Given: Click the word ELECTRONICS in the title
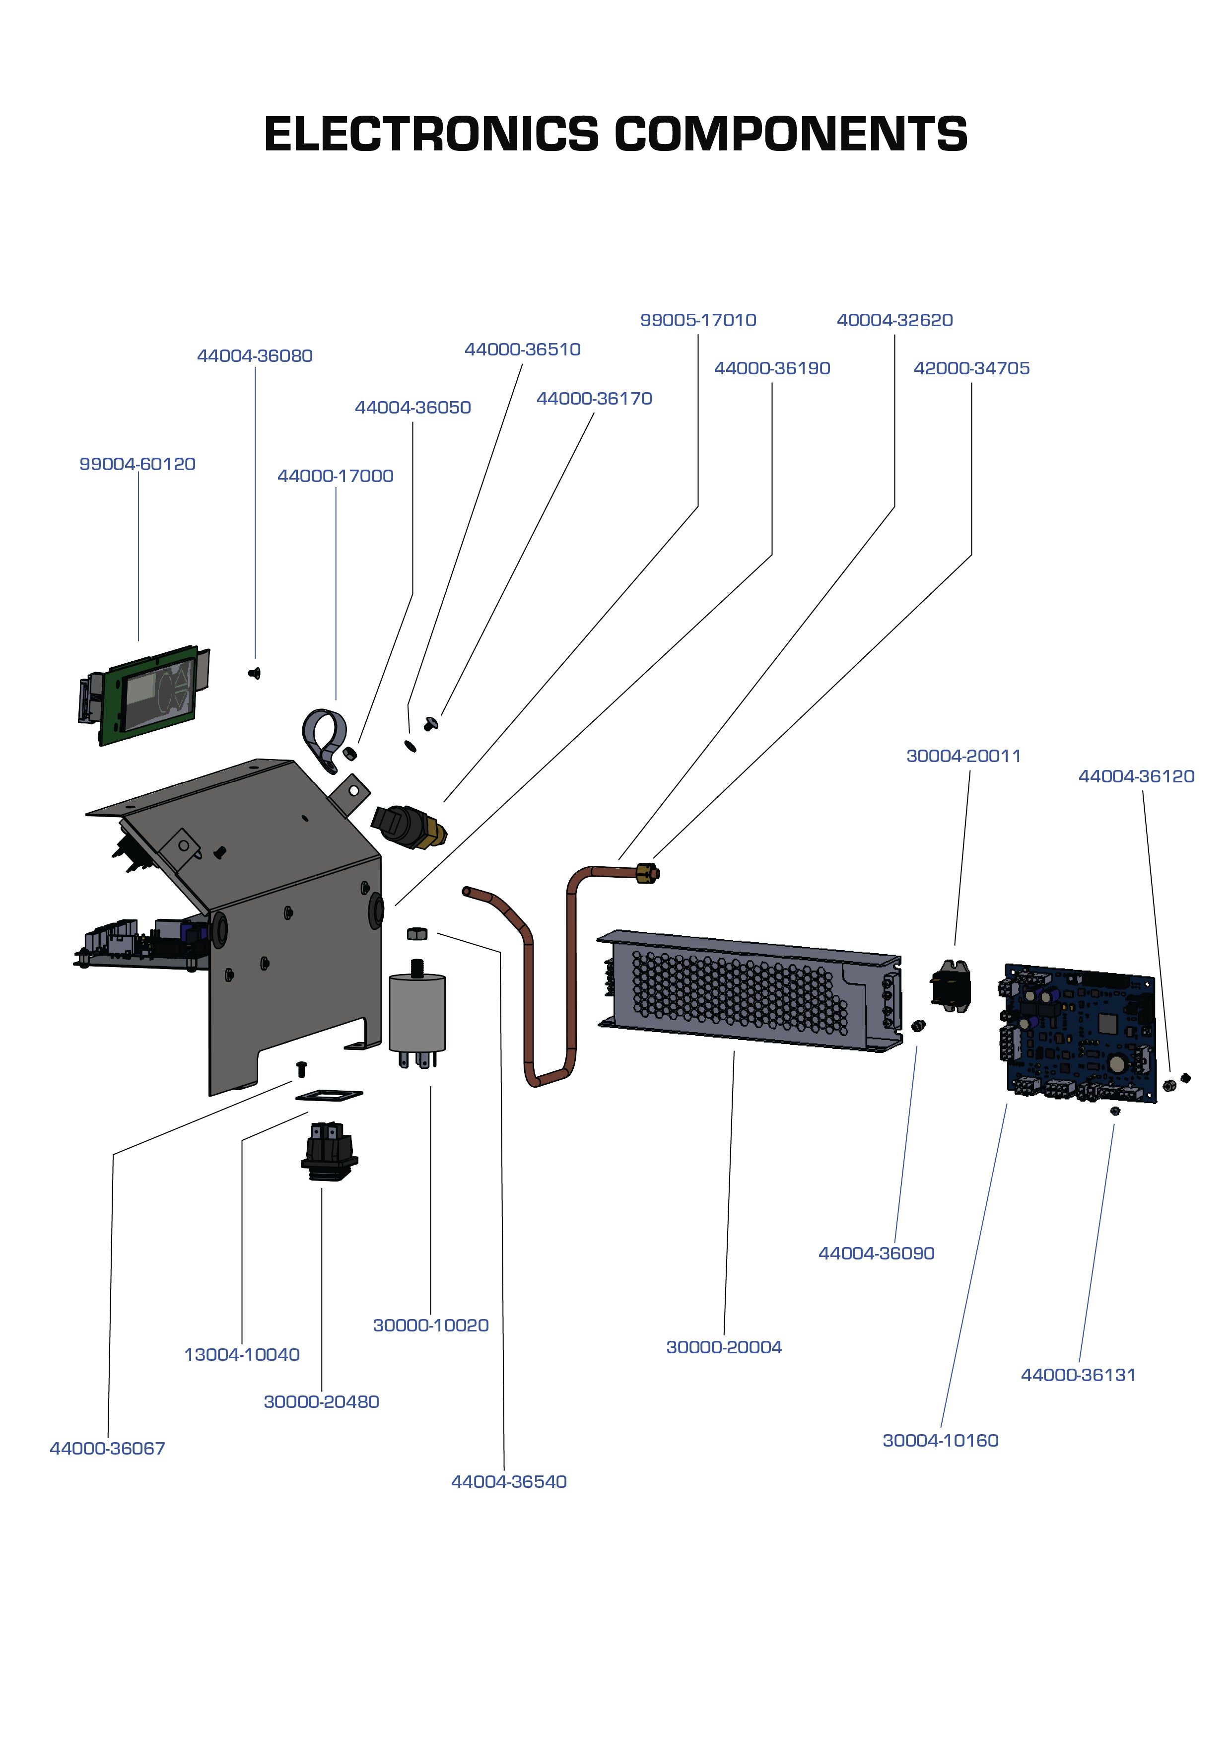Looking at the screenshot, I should tap(431, 135).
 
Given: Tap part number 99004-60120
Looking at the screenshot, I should tap(137, 464).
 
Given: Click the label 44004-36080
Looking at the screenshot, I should tap(255, 356).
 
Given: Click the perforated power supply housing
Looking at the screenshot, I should tap(740, 990).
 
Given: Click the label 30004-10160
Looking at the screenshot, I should tap(940, 1440).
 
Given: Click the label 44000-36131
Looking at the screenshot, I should tap(1078, 1375).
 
